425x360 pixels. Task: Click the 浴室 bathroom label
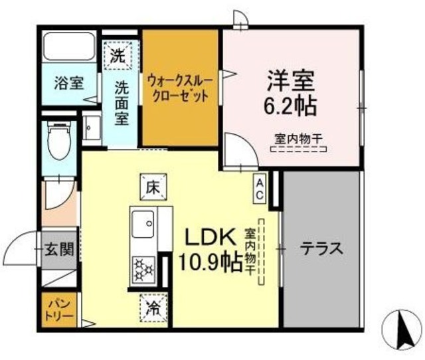pyautogui.click(x=68, y=84)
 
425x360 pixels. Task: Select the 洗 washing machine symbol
pyautogui.click(x=118, y=56)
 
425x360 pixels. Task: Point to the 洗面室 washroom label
pyautogui.click(x=122, y=102)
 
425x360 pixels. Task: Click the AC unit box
pyautogui.click(x=260, y=188)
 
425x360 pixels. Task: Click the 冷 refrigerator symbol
pyautogui.click(x=152, y=308)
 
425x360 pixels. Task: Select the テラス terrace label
pyautogui.click(x=321, y=249)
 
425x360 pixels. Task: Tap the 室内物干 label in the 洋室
pyautogui.click(x=298, y=139)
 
